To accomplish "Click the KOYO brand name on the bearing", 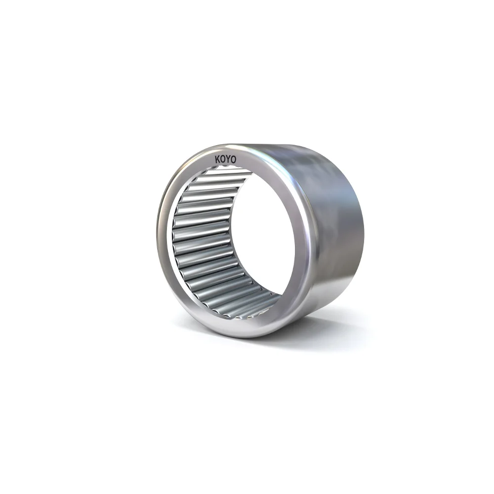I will (x=226, y=160).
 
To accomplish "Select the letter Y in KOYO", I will (x=228, y=160).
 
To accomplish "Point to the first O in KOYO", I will (x=223, y=160).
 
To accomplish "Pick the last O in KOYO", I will (x=234, y=160).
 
